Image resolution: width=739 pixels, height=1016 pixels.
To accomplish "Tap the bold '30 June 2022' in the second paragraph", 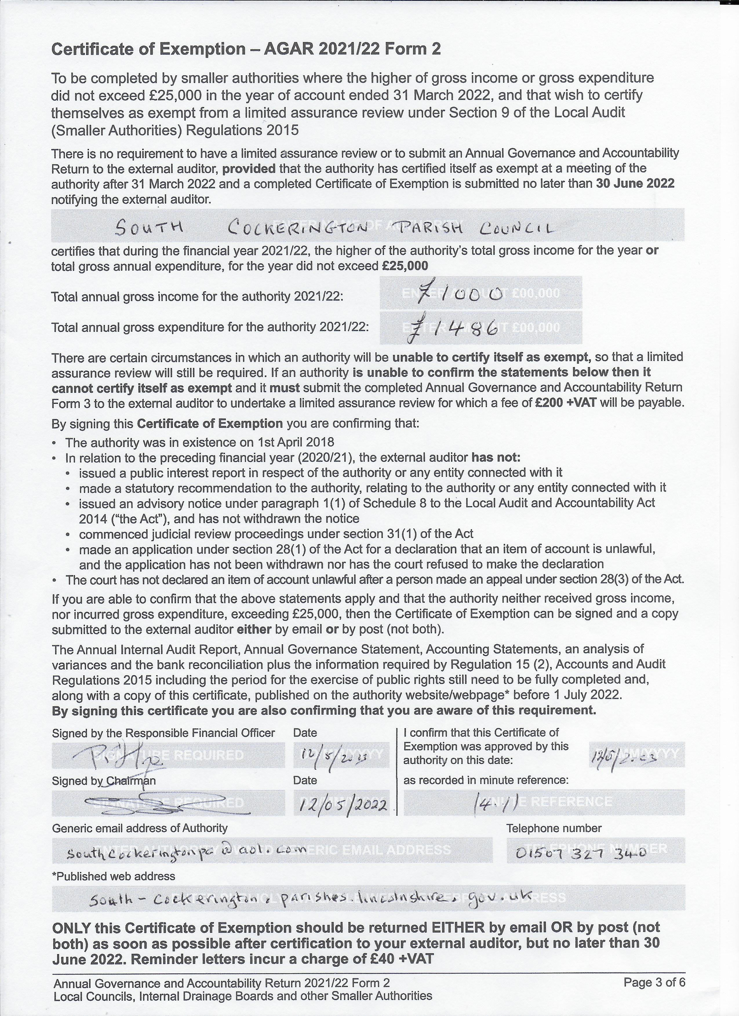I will click(635, 184).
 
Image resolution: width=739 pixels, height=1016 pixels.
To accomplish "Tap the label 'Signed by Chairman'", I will click(104, 781).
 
